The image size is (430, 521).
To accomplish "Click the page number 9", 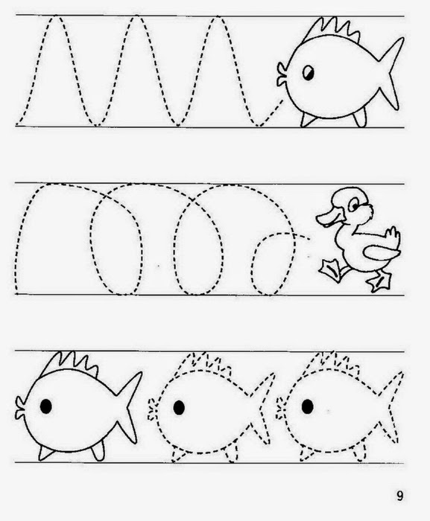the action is pos(399,496).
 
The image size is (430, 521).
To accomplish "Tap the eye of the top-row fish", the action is pos(309,73).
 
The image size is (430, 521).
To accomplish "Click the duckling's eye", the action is pos(354,205).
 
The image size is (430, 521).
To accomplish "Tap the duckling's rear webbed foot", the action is pos(380,282).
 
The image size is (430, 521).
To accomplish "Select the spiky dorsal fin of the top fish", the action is pos(335,29).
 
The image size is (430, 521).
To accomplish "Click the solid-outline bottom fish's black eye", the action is pos(46,406).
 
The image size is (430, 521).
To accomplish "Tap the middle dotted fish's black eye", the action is pos(179,407).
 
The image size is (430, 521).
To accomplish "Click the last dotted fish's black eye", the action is pos(307,406).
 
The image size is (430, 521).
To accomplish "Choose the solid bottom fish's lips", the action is pos(20,408).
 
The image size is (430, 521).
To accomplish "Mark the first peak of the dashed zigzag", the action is pos(56,16).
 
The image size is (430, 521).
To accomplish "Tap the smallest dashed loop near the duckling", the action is pos(274,263).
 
